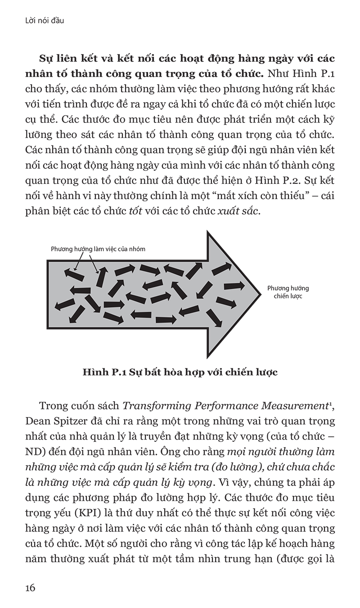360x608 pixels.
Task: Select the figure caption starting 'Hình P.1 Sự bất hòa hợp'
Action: point(180,372)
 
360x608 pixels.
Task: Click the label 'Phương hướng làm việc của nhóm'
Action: point(98,249)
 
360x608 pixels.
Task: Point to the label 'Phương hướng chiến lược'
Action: point(288,292)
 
